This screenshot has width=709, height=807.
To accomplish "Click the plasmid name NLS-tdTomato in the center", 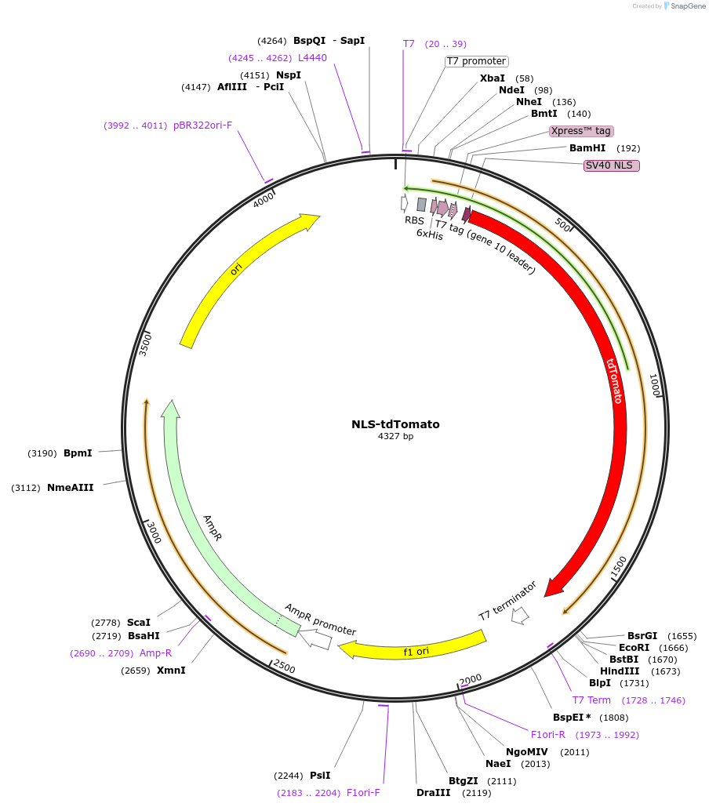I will tap(395, 424).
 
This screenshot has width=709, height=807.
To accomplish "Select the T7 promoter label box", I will tap(477, 61).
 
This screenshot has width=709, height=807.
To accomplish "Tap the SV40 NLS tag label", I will tap(612, 165).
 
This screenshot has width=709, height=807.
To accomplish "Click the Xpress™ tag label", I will tap(580, 131).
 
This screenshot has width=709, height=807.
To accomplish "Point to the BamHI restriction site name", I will tap(587, 148).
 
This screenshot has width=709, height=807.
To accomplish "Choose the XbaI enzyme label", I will tap(493, 78).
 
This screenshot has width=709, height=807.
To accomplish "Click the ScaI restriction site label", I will tap(139, 622).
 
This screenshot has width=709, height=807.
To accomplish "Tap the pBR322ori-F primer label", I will tap(203, 125).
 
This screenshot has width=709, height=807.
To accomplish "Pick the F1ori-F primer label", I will tap(363, 793).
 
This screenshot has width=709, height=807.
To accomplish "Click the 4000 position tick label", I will tap(263, 200).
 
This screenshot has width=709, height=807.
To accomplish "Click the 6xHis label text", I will tap(430, 234).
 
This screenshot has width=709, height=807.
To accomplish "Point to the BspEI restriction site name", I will tap(569, 718).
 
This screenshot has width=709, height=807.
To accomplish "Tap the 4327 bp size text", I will tap(395, 436).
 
